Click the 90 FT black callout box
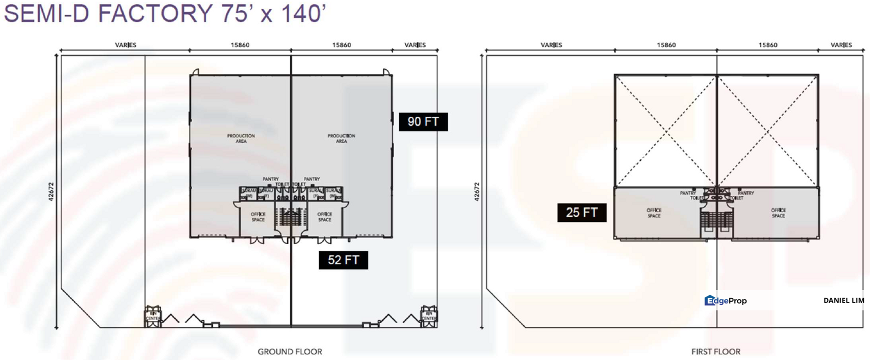423,121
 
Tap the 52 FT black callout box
343,260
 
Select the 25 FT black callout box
581,212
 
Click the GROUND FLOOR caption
289,351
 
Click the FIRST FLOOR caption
715,351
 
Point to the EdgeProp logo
725,300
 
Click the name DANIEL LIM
843,300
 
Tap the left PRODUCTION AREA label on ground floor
241,138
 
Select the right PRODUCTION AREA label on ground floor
341,138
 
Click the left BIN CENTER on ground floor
152,316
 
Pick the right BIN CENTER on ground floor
429,316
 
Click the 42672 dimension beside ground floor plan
50,191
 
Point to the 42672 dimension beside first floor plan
476,191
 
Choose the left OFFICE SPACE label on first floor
653,213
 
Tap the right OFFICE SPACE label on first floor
778,213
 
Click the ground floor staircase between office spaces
291,217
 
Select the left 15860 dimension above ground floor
240,45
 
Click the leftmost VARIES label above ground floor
125,45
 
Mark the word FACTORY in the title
155,13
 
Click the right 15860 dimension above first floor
767,45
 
